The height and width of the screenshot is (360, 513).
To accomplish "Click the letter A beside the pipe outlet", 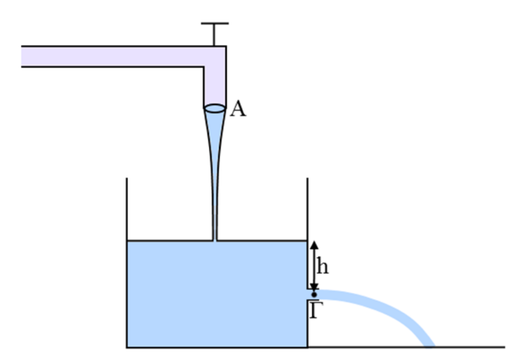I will [x=237, y=109].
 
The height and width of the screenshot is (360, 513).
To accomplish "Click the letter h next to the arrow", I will [x=322, y=266].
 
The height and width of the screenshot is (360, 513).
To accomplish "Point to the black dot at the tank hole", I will [x=314, y=294].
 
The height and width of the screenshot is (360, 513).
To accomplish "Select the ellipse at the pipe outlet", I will [x=215, y=108].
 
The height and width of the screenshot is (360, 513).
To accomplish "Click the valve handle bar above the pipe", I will [x=215, y=24].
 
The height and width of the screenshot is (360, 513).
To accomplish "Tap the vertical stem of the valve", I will [x=215, y=34].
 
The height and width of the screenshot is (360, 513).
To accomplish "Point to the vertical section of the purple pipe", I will [x=215, y=82].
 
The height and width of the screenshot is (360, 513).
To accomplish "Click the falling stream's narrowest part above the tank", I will [x=215, y=222].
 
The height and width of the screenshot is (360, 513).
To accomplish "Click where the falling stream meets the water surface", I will [x=215, y=240].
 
